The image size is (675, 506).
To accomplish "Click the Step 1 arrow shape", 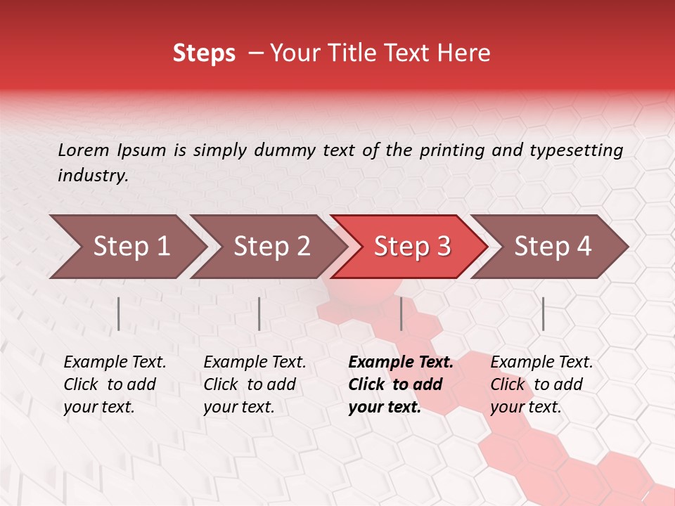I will [x=127, y=247].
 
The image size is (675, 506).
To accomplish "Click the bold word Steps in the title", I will [x=204, y=53].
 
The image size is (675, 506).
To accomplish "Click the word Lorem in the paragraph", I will [x=83, y=150].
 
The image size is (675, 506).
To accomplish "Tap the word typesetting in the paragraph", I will [x=576, y=150].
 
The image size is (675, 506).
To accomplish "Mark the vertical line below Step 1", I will [x=119, y=313].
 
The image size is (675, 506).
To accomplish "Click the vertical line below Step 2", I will [x=259, y=313].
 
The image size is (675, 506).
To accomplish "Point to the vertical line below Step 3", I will [x=401, y=313].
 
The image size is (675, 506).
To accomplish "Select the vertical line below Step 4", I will [x=543, y=313].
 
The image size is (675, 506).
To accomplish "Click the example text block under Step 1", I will [x=115, y=384].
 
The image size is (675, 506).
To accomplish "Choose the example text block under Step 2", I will [x=255, y=384].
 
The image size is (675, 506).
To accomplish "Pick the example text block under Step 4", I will [x=541, y=384].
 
